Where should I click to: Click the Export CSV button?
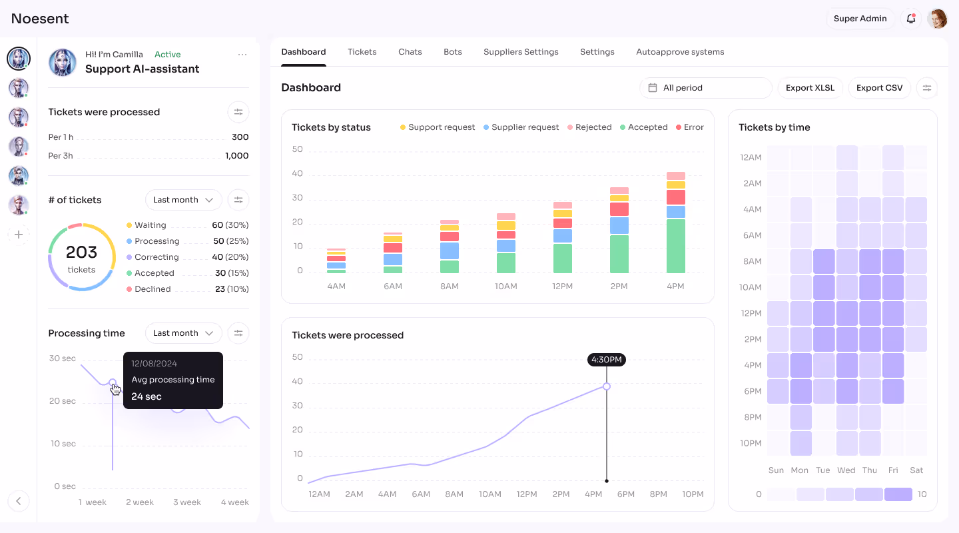[x=879, y=88]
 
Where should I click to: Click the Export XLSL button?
[x=810, y=88]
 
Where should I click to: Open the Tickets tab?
[x=362, y=52]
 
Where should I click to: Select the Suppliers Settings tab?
[x=521, y=52]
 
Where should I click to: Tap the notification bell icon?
[x=911, y=19]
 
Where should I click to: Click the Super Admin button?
[x=860, y=19]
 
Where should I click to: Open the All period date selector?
[x=705, y=88]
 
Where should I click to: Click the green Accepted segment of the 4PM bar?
[x=675, y=246]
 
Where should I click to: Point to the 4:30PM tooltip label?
[x=606, y=360]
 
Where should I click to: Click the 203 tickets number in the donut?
[x=81, y=253]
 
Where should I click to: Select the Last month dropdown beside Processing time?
[x=183, y=333]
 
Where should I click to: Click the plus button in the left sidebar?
[x=19, y=235]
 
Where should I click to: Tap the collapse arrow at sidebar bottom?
[x=19, y=501]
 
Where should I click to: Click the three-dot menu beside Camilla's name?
[x=242, y=55]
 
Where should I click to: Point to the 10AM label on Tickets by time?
[x=751, y=287]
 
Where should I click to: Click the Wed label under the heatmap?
[x=846, y=470]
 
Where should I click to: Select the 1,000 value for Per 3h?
[x=236, y=156]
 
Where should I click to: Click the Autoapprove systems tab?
[x=679, y=52]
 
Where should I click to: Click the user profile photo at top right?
[x=938, y=19]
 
